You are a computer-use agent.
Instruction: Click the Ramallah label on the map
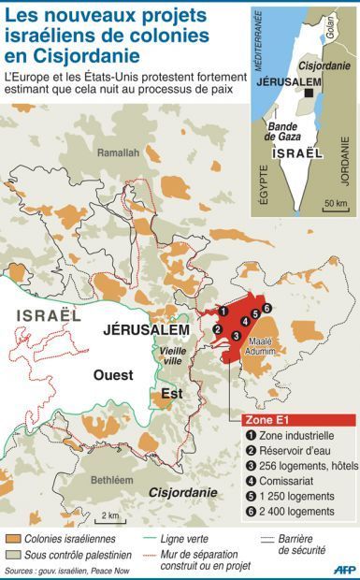(119, 152)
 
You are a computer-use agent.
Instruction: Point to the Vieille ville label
(173, 355)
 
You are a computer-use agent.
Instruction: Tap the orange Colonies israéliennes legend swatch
(14, 539)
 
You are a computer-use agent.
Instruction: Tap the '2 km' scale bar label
(110, 515)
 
